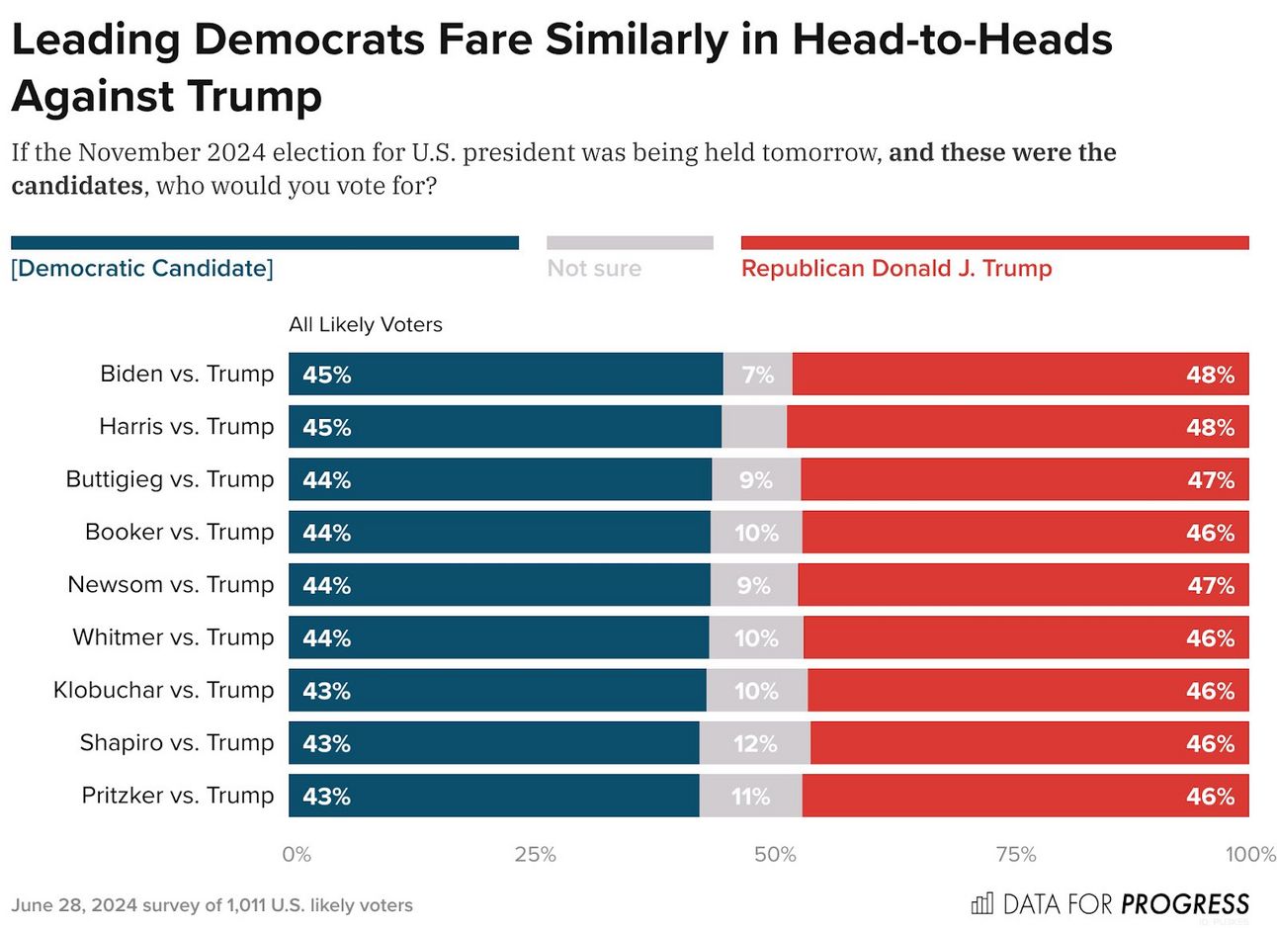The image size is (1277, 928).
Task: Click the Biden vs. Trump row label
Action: (187, 374)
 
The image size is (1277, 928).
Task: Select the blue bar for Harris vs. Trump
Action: (504, 427)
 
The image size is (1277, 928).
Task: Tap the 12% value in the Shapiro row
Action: (755, 743)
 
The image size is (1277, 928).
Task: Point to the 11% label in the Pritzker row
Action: (750, 796)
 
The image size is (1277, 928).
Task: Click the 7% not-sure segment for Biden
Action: (757, 375)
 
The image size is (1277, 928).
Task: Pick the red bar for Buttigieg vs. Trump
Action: (1024, 479)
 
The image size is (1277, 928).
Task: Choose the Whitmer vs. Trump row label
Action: (173, 637)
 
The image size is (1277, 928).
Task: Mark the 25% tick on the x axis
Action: (535, 854)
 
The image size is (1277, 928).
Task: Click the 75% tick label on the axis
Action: (1015, 854)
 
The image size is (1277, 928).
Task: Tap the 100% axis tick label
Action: (1250, 854)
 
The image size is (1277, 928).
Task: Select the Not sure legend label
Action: (594, 269)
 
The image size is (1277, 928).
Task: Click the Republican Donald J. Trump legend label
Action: (896, 269)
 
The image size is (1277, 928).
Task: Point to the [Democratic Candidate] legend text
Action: (142, 269)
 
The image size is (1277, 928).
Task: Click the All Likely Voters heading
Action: (366, 325)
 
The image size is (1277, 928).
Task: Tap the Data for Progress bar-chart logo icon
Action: (982, 903)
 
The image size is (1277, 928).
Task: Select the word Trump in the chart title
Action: (253, 97)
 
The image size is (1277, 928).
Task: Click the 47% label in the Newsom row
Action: (1211, 585)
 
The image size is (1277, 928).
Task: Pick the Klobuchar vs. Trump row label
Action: (163, 690)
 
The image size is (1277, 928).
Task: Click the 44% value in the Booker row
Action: (327, 533)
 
